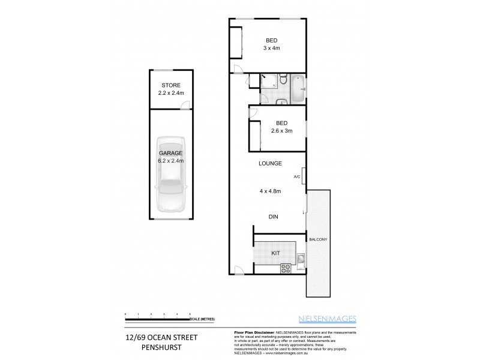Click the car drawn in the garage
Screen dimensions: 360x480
click(x=171, y=175)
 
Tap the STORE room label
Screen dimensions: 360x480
click(x=170, y=85)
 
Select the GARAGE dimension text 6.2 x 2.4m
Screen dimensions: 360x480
click(x=171, y=160)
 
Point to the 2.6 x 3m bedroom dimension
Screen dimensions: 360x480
click(x=276, y=131)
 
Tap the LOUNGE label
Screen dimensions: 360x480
click(x=270, y=163)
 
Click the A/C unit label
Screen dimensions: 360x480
click(x=296, y=177)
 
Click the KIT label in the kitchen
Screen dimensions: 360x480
click(x=275, y=253)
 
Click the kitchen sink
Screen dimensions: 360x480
click(x=301, y=259)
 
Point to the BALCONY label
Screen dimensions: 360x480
click(x=318, y=240)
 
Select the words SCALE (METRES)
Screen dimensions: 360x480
click(x=202, y=319)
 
